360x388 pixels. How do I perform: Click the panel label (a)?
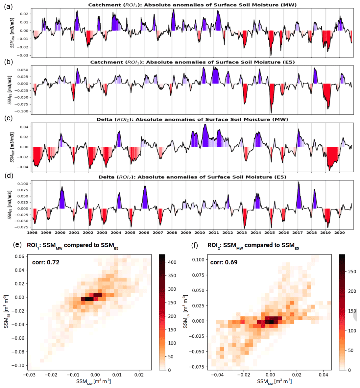coord(8,6)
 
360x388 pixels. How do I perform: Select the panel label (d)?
coord(8,176)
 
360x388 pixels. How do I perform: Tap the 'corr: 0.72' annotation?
coord(46,262)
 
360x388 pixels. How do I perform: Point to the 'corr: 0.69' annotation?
coord(224,262)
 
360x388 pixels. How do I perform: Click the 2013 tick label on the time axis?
coord(242,232)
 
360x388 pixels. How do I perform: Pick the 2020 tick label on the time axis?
coord(340,232)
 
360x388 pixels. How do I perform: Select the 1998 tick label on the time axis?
coord(32,232)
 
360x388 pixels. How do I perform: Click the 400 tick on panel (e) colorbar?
coord(172,262)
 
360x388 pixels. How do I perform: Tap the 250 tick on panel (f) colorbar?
coord(352,272)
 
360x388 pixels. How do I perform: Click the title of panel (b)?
coord(192,62)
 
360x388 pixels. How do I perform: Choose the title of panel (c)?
coord(192,119)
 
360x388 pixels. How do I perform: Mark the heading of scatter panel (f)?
coord(253,246)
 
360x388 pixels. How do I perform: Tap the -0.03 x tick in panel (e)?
coord(30,375)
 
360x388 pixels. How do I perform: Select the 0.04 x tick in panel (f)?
coord(324,375)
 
